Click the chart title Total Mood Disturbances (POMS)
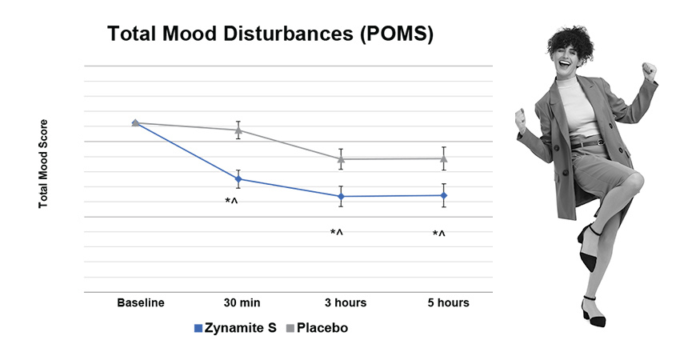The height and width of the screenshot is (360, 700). click(270, 35)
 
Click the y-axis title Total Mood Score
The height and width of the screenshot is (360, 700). click(44, 164)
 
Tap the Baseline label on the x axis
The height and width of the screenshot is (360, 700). click(141, 302)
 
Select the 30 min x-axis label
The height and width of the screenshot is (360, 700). click(241, 302)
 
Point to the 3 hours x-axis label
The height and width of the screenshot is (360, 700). click(346, 302)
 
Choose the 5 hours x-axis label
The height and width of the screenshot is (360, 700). click(448, 302)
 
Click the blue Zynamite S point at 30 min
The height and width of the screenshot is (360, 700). click(238, 179)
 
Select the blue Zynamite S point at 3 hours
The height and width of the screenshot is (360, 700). click(342, 196)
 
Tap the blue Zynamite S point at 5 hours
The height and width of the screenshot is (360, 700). click(444, 195)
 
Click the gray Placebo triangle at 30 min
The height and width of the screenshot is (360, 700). click(238, 130)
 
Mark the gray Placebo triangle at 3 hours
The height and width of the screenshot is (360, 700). click(342, 158)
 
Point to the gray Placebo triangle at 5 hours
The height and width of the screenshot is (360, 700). click(444, 158)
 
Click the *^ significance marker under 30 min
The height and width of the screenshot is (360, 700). click(232, 202)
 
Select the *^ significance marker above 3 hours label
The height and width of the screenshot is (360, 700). click(337, 233)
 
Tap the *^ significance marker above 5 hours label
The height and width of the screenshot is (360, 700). click(439, 234)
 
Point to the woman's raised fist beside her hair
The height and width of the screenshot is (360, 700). click(650, 72)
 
